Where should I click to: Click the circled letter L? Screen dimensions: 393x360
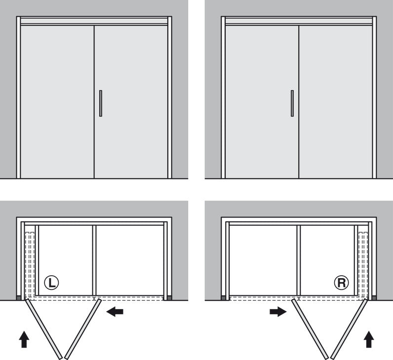click(x=51, y=283)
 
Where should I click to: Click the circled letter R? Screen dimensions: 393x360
click(x=341, y=283)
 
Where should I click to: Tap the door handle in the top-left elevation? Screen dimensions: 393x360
click(x=101, y=104)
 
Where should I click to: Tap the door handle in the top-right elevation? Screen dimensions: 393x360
click(x=292, y=104)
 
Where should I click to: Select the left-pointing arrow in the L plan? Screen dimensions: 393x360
click(x=115, y=312)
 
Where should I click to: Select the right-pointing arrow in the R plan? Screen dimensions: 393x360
click(x=278, y=312)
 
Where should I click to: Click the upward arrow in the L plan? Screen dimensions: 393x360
click(x=24, y=339)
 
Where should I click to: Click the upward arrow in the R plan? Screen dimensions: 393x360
click(x=369, y=339)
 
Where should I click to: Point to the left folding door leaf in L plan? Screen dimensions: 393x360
click(x=43, y=329)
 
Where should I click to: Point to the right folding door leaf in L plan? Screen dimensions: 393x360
click(x=83, y=329)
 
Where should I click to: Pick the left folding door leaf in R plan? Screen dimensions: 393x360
click(x=310, y=329)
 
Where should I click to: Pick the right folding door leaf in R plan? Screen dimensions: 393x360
click(x=349, y=329)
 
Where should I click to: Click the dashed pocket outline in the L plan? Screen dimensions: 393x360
click(x=30, y=264)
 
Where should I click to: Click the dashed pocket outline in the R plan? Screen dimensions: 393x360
click(x=363, y=264)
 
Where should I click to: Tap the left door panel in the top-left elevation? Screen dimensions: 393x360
click(x=57, y=102)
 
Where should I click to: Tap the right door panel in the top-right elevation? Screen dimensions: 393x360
click(x=336, y=102)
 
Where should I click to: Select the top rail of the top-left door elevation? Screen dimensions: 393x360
click(x=94, y=21)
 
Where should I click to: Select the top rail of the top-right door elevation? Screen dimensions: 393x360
click(x=299, y=21)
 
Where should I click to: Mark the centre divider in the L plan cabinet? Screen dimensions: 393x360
click(x=94, y=260)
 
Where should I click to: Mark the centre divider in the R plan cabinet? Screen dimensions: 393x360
click(x=299, y=260)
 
